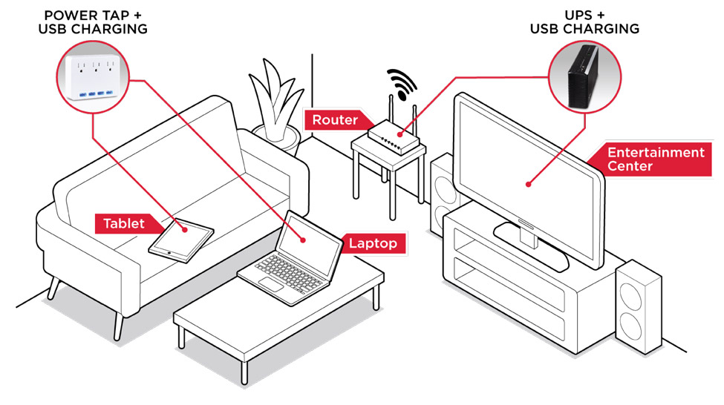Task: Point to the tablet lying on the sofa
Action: (181, 239)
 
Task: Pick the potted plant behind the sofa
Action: (274, 104)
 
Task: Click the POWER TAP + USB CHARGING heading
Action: (95, 22)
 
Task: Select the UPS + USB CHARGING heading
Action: (584, 22)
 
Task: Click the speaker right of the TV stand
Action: (638, 304)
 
